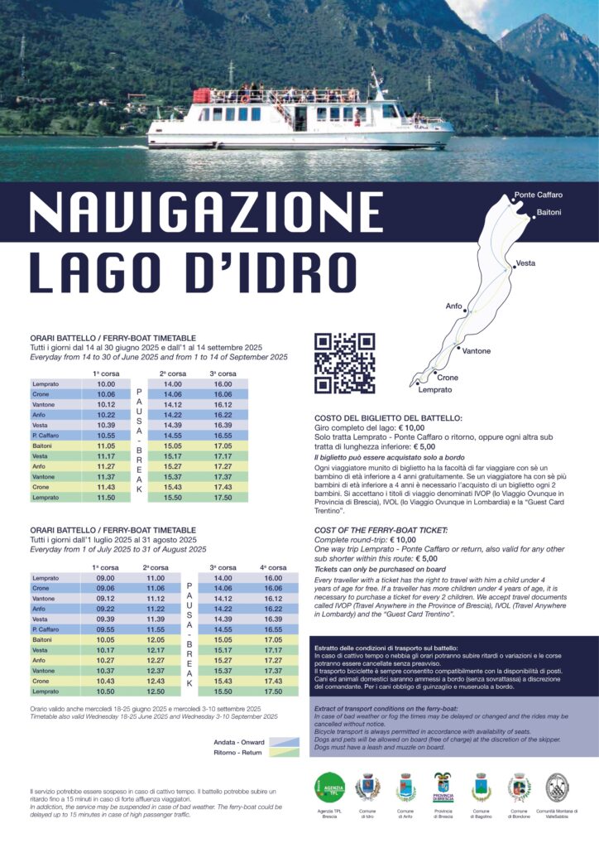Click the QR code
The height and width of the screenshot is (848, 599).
point(344,363)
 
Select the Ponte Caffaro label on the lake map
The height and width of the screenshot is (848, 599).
point(538,195)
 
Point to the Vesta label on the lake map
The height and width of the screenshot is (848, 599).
point(525,263)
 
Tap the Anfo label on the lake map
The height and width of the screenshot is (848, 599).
point(454,306)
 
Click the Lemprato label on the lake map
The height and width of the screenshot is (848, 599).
point(435,389)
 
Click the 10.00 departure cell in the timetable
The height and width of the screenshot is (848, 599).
point(106,384)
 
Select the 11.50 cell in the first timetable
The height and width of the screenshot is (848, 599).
point(106,497)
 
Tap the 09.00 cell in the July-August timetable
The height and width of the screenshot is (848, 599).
point(106,578)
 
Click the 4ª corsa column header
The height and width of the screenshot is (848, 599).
point(273,567)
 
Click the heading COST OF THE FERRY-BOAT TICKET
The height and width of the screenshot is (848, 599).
point(381,529)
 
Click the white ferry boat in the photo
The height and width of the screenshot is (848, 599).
point(298,118)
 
